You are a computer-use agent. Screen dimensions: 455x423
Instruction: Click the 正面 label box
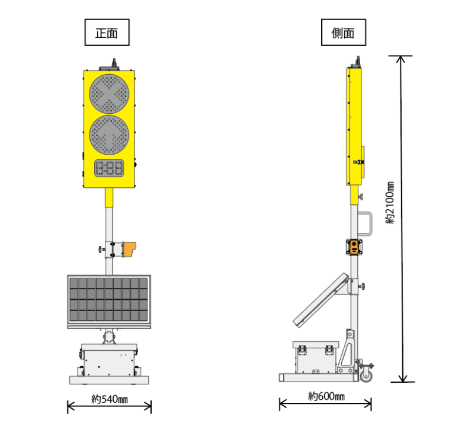coord(107,33)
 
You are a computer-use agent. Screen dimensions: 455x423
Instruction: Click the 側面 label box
coord(343,33)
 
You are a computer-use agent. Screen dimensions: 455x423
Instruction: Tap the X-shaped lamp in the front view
coord(109,94)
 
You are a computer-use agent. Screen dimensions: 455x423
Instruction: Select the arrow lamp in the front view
coord(109,135)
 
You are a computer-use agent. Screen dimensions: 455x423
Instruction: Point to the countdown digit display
coord(109,168)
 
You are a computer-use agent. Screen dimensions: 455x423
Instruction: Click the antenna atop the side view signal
coord(358,62)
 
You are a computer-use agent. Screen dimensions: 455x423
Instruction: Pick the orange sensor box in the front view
coord(129,249)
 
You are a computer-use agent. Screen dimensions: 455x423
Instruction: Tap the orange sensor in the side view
coord(354,247)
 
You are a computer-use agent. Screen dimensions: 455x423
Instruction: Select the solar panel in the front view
coord(109,302)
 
